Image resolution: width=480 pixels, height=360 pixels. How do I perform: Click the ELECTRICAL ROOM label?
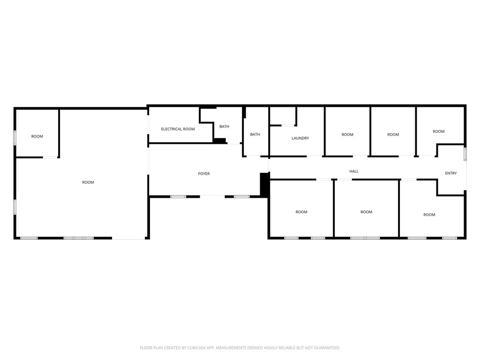tap(178, 129)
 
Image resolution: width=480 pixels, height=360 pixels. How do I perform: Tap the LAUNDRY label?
tap(300, 138)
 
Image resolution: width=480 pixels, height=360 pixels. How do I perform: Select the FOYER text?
tap(204, 174)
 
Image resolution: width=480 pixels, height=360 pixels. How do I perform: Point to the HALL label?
tap(354, 172)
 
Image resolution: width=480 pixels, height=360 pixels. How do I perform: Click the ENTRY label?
tap(450, 173)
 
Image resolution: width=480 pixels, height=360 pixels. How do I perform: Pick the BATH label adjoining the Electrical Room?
tap(224, 127)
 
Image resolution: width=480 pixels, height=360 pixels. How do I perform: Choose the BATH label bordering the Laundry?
tap(255, 135)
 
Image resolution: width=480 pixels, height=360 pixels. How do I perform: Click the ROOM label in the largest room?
tap(88, 182)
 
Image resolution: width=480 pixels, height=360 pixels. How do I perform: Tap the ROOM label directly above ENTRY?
tap(438, 132)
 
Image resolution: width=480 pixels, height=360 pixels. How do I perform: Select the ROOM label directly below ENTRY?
tap(429, 215)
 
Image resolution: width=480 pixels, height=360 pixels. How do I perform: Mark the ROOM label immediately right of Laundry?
tap(347, 135)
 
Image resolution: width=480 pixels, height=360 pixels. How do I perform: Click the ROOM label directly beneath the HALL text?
tap(366, 212)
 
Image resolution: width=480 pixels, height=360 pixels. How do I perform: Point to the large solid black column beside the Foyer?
tap(264, 184)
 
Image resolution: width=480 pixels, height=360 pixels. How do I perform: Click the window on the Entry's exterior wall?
tap(465, 154)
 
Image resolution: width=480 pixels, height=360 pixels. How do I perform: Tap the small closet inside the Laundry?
tap(283, 116)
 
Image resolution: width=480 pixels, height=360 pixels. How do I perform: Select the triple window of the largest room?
tap(78, 238)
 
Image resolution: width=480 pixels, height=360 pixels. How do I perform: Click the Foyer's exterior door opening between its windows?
tap(212, 196)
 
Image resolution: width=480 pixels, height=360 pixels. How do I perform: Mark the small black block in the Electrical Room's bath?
tap(219, 140)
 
